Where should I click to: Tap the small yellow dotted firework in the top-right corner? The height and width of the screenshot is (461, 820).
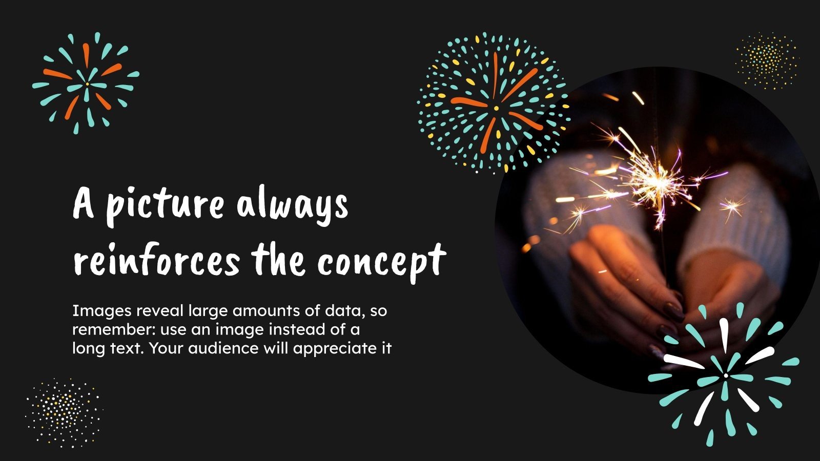(x=767, y=61)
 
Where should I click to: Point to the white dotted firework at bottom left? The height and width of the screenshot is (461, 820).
(x=64, y=412)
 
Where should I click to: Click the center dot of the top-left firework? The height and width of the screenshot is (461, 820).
(x=87, y=83)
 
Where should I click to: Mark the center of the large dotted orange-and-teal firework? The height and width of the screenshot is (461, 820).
(x=496, y=108)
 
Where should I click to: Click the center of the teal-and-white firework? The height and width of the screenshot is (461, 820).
(x=726, y=375)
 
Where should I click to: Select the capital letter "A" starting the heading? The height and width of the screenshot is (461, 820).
(x=84, y=204)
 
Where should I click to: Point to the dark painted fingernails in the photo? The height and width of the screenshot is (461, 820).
(x=672, y=310)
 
